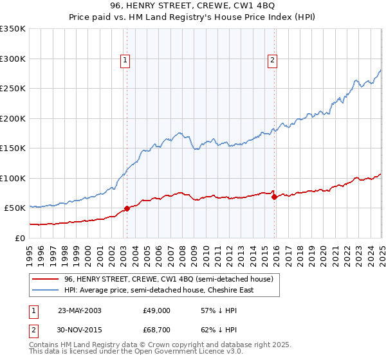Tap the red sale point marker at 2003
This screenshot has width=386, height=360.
(x=127, y=208)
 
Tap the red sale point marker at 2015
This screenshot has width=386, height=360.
(x=274, y=197)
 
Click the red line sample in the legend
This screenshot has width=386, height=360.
(x=45, y=279)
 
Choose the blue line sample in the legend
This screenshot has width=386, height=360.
(x=45, y=290)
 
